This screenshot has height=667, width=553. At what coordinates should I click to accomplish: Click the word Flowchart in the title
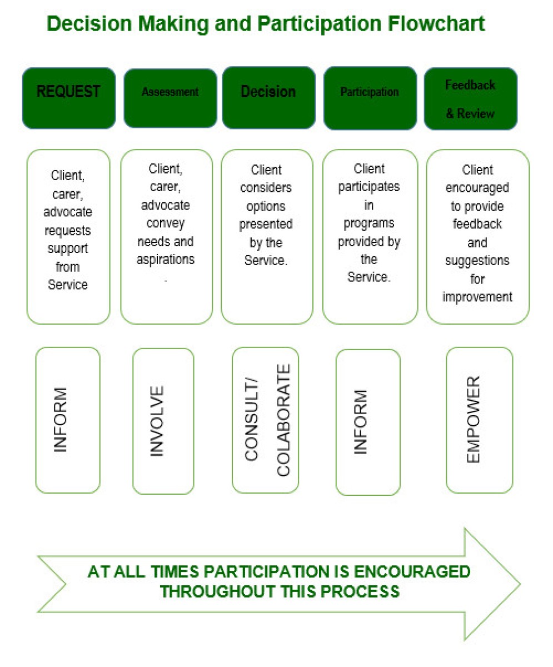436,24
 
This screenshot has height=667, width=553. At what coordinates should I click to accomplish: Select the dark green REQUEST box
69,98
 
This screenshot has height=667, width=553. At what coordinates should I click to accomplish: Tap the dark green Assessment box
170,98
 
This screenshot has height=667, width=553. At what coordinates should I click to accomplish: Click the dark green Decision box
268,98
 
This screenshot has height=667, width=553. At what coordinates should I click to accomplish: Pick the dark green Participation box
370,98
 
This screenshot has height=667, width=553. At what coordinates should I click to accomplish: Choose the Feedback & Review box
471,99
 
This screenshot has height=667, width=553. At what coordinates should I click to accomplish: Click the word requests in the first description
68,230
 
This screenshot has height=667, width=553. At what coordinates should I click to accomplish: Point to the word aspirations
166,260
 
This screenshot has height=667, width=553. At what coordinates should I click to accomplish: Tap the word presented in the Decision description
266,224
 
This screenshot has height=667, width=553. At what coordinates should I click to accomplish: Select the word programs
369,223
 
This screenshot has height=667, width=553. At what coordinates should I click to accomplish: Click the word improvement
477,297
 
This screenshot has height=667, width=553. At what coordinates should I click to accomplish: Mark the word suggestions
477,261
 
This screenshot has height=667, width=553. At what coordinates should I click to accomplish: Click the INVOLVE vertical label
157,421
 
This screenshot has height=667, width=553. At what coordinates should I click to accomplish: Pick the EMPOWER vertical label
473,420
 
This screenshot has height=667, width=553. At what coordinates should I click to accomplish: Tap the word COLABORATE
283,420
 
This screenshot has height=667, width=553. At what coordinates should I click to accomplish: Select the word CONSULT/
251,420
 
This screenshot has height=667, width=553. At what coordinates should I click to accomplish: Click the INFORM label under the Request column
60,420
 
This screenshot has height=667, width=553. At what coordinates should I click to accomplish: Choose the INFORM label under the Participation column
361,422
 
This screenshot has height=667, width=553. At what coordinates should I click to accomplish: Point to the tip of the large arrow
520,584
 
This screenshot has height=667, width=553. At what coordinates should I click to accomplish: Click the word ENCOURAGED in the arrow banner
412,572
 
